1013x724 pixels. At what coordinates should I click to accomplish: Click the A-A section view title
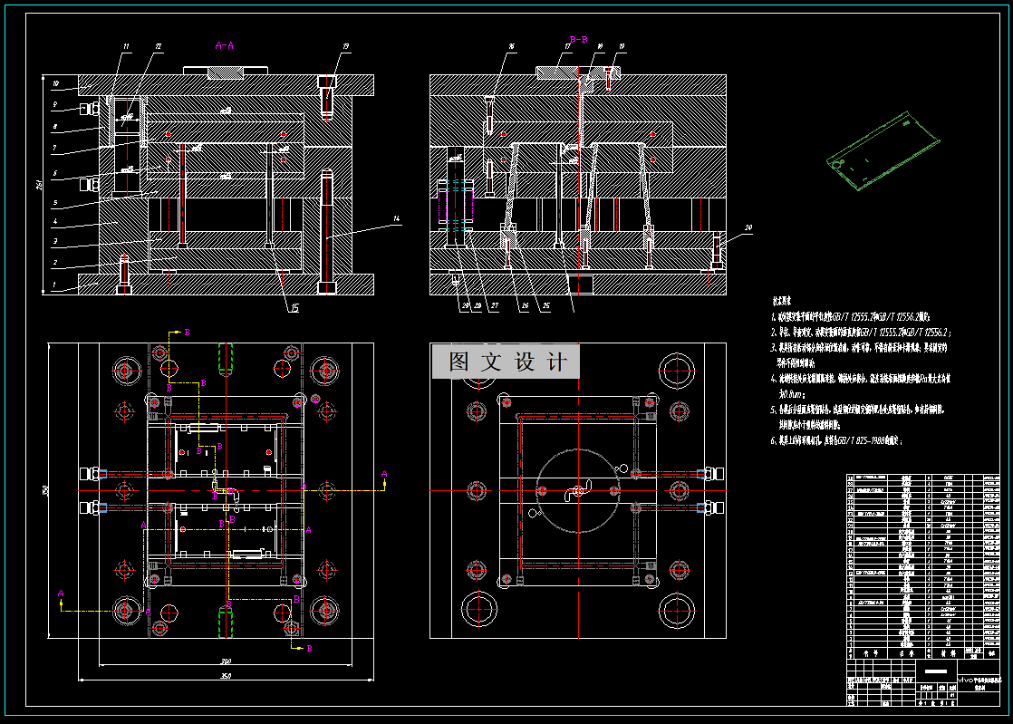coord(225,44)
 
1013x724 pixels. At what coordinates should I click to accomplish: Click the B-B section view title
coord(578,39)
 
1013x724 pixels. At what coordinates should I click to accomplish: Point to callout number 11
coord(126,46)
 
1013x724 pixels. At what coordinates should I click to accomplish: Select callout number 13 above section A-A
coord(345,46)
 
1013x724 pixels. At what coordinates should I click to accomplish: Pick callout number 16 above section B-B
coord(511,46)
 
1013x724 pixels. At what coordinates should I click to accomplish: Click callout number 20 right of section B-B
coord(748,228)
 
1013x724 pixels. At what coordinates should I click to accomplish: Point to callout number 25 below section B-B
coord(546,306)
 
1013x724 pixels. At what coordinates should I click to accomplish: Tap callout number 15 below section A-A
coord(294,307)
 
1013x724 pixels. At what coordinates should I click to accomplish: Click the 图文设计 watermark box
coord(513,362)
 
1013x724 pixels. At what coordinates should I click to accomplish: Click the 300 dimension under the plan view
coord(225,661)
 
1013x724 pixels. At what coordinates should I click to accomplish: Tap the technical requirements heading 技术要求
coord(785,298)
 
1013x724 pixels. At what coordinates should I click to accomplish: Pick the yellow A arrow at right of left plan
coord(383,474)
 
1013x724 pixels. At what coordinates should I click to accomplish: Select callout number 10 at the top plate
coord(55,84)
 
